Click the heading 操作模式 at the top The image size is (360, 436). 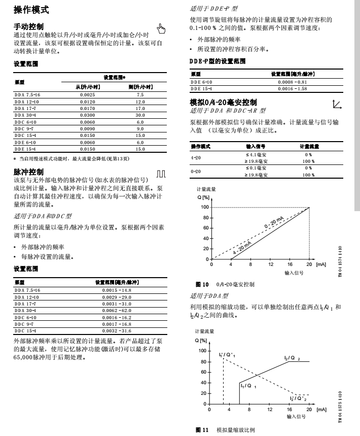31,9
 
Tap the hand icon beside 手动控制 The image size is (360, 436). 162,27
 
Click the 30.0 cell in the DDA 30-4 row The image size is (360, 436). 140,115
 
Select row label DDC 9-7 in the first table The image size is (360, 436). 24,129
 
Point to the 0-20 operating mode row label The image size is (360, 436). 195,171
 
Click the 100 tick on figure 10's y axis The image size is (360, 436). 204,207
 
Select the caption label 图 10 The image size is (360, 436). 195,285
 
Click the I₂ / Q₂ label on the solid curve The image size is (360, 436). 292,358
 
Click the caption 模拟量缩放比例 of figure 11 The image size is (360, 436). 236,429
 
